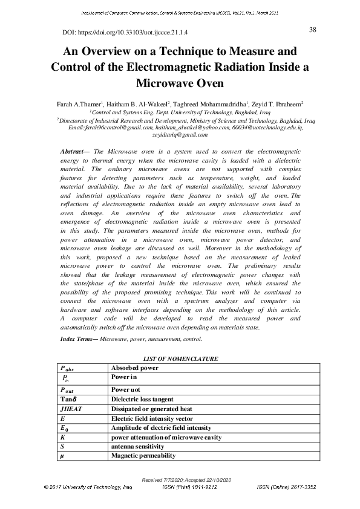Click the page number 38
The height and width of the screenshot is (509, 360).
point(313,30)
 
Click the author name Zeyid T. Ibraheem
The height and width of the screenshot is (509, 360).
point(277,103)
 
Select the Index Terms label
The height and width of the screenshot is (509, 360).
point(79,339)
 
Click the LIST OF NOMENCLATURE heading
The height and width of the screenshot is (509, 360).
point(180,359)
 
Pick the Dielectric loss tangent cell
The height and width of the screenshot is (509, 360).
point(142,400)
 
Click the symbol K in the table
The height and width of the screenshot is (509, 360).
point(63,436)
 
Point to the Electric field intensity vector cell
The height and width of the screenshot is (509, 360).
point(152,418)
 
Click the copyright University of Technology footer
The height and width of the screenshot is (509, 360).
point(88,486)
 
